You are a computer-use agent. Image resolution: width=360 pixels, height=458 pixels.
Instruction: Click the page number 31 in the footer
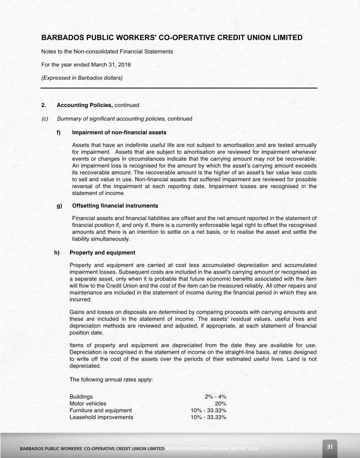click(x=329, y=447)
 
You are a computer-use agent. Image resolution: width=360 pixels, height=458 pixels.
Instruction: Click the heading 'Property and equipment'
click(x=102, y=252)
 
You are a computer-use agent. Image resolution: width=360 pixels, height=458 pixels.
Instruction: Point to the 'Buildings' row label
click(x=81, y=396)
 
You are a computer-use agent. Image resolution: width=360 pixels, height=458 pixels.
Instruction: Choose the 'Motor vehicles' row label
click(x=88, y=404)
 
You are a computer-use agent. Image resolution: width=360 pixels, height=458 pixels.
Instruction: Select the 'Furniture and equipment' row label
click(x=100, y=410)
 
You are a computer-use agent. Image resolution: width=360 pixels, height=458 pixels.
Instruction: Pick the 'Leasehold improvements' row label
click(x=101, y=417)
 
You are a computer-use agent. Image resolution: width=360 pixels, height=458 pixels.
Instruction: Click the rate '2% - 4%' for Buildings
click(x=215, y=396)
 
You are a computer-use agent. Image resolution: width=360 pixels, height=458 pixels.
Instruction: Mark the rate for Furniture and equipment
click(x=208, y=410)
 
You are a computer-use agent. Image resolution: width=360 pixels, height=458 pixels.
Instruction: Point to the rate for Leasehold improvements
click(x=208, y=417)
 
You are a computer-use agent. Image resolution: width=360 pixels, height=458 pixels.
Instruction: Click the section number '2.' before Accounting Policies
click(x=44, y=105)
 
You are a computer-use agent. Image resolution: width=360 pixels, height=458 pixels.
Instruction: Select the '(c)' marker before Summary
click(x=45, y=119)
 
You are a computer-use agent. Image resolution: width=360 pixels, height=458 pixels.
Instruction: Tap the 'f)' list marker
click(x=59, y=133)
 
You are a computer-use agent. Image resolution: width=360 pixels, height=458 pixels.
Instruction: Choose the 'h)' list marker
click(x=57, y=252)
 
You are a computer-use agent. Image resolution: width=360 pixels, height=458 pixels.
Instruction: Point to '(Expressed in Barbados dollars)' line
click(x=82, y=78)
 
